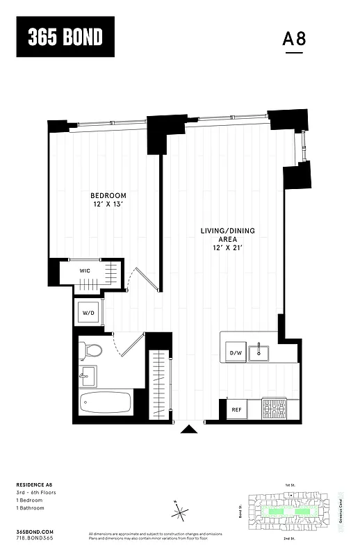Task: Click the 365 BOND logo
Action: point(65,38)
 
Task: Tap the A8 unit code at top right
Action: point(294,39)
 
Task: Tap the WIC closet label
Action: point(85,271)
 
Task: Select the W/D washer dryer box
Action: point(89,313)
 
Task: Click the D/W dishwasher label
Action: point(235,354)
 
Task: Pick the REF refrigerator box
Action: point(236,410)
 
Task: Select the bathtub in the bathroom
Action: point(104,404)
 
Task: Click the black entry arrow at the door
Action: point(186,430)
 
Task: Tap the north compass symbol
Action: point(181,514)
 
